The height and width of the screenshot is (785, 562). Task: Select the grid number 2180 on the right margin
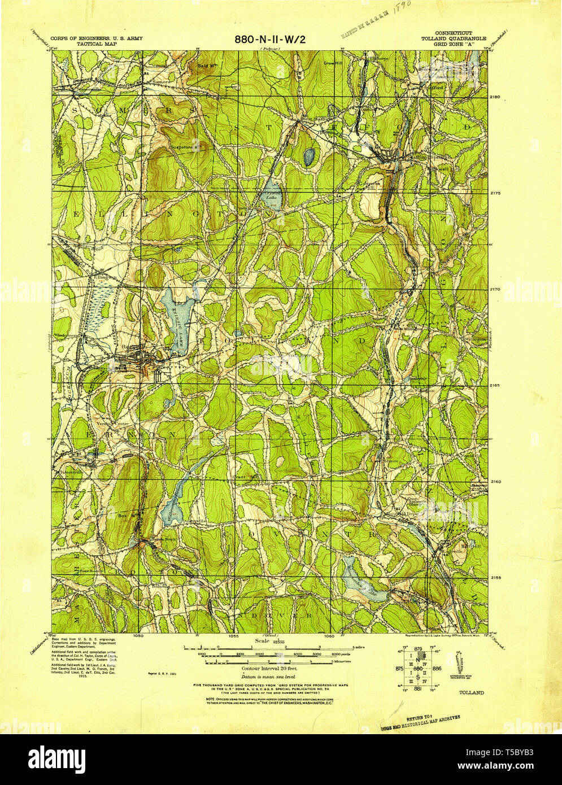(495, 97)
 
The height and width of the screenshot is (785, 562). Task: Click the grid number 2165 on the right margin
(495, 385)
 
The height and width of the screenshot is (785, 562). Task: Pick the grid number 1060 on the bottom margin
(330, 635)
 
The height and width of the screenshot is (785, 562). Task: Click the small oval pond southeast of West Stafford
(308, 156)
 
